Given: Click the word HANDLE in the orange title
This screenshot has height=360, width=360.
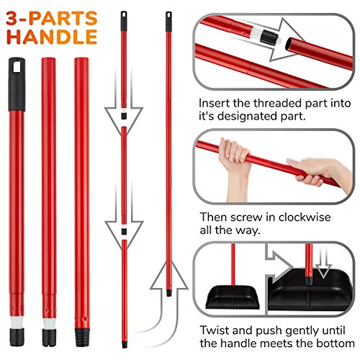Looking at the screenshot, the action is coord(52,37).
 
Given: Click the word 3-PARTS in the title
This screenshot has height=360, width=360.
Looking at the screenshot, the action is coord(52,18).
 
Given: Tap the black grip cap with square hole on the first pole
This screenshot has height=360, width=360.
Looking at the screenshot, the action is coord(17,84).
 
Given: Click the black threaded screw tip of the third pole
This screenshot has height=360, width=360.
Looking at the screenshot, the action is coord(82,337).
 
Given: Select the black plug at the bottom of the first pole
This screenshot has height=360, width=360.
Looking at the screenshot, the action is coord(17,337).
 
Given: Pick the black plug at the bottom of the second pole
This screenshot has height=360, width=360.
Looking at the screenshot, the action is coord(49,338).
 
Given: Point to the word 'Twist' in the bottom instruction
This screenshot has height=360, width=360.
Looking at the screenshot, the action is coord(215,330).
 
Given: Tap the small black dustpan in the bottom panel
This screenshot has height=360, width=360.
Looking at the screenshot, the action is coord(233,297).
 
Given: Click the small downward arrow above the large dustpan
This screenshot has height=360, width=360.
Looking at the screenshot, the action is coord(323,263).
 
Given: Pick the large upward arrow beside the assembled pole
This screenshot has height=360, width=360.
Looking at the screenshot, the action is coord(168,302).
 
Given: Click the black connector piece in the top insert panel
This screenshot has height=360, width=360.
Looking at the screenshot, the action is coord(269,37).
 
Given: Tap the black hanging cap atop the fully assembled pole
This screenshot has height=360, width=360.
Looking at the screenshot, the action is coord(168,22).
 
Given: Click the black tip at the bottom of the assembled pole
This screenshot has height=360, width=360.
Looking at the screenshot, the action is coord(169,292).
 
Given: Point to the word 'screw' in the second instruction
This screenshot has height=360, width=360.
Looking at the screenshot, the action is coord(246,217).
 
